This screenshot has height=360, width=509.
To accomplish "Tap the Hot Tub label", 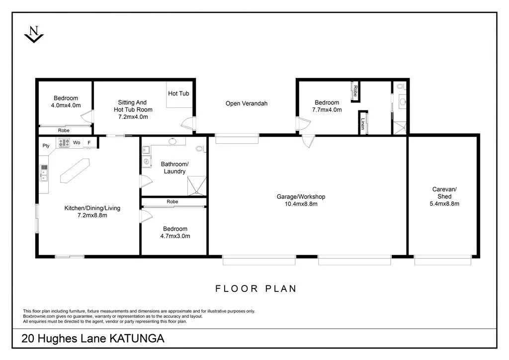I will click(x=178, y=93).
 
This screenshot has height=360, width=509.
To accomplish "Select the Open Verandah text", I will click(x=247, y=103).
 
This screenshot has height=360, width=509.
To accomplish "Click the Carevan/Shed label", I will click(x=444, y=193).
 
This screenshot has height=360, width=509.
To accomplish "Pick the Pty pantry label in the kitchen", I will click(x=46, y=146).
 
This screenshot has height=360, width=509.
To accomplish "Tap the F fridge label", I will click(x=89, y=143).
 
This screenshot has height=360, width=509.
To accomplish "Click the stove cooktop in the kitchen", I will click(x=64, y=143).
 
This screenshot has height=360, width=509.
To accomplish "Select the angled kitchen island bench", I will click(x=74, y=170).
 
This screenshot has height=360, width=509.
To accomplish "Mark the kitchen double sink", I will click(x=44, y=173).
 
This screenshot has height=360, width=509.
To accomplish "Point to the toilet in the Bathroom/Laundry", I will click(x=199, y=148).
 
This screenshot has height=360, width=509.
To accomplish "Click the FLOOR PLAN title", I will click(x=255, y=288).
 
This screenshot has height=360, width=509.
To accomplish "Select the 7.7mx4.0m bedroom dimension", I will click(x=327, y=110).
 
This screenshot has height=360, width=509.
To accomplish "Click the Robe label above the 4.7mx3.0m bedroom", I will click(x=172, y=202).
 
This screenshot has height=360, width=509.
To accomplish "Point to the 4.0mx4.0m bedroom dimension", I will click(x=66, y=105).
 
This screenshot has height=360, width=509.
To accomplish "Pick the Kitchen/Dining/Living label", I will click(x=92, y=208).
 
